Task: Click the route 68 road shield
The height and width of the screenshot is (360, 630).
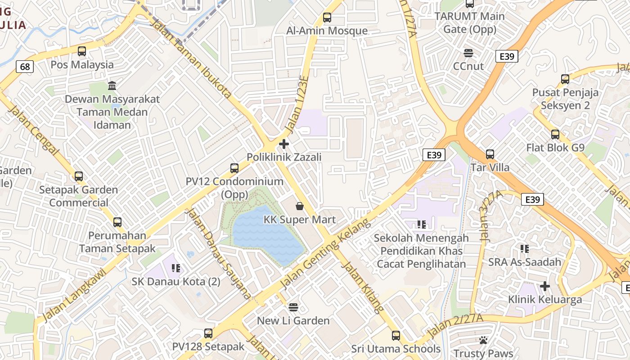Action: click(x=25, y=67)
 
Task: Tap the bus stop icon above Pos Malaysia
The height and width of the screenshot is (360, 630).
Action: click(x=81, y=51)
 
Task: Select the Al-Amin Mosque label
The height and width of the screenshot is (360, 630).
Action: click(x=327, y=31)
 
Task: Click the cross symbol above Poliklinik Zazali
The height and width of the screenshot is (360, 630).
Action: click(x=284, y=144)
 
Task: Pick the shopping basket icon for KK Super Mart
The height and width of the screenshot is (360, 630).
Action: click(x=300, y=207)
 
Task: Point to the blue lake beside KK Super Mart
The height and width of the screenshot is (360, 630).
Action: click(x=265, y=234)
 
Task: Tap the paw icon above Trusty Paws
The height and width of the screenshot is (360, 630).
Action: click(x=484, y=340)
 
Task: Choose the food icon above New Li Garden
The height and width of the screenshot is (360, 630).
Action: click(x=293, y=307)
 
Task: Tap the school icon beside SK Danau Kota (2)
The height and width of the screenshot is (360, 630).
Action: click(x=176, y=269)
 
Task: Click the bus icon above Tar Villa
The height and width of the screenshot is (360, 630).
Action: click(x=490, y=154)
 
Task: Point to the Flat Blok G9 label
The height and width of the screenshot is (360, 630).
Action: click(x=555, y=148)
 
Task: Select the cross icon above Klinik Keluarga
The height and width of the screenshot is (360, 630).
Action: click(x=545, y=286)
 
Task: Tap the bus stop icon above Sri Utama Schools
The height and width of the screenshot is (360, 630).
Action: click(x=396, y=336)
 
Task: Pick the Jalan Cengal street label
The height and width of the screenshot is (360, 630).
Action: click(x=34, y=130)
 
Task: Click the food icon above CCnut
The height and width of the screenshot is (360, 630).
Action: click(x=468, y=53)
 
